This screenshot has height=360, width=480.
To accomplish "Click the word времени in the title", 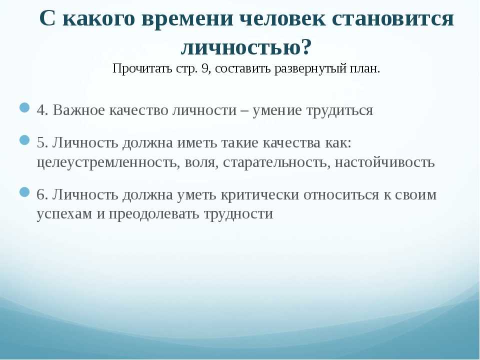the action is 187,19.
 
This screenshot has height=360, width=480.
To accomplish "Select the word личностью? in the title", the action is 246,48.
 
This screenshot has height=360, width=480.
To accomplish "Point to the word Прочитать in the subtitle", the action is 142,68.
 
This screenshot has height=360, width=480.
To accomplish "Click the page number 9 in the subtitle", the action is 205,68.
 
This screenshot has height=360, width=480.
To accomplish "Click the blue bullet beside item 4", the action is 24,108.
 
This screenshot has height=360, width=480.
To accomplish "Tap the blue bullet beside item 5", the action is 24,140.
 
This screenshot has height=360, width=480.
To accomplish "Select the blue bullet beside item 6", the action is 24,192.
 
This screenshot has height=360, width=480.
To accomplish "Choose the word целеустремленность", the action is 107,162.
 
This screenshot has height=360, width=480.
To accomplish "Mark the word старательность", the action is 274,162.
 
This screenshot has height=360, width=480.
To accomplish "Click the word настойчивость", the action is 384,162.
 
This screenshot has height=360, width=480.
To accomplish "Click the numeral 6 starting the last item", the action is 40,195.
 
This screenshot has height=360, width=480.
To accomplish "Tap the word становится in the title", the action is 392,19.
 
